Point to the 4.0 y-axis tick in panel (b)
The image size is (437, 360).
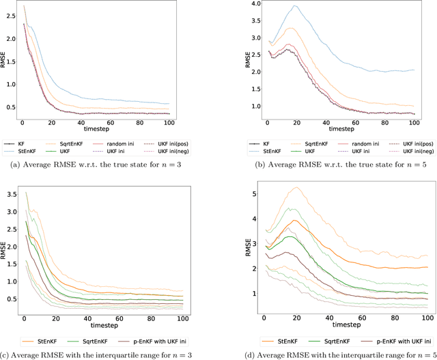[x=252, y=3]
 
